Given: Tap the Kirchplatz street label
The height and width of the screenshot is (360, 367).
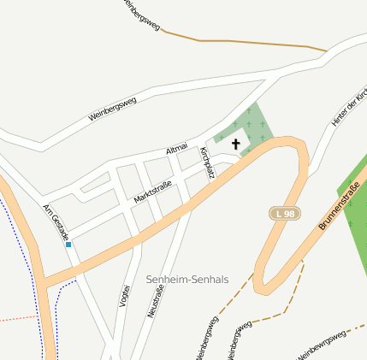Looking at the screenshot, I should [x=207, y=162].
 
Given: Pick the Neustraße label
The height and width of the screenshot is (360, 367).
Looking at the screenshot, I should [x=155, y=302].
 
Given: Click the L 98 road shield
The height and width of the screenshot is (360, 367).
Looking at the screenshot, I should [x=284, y=212].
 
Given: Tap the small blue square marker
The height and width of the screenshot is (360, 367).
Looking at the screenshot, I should [x=68, y=245].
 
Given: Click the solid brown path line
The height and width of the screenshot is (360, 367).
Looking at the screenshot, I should [x=248, y=43].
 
